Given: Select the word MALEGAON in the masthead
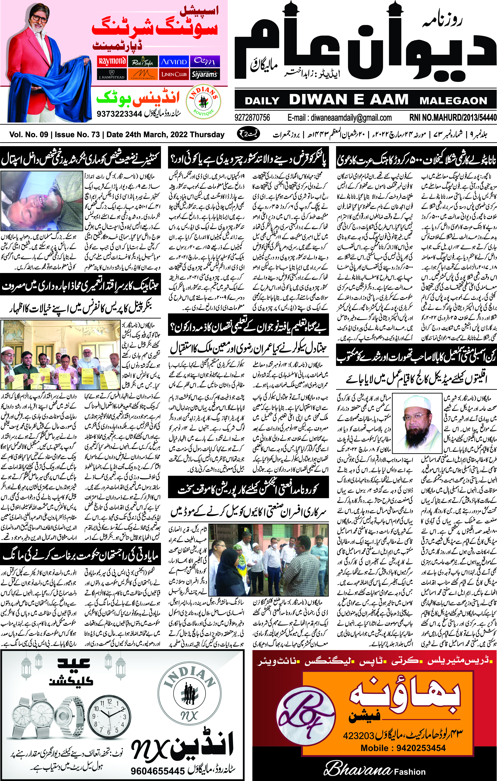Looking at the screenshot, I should (453, 101).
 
